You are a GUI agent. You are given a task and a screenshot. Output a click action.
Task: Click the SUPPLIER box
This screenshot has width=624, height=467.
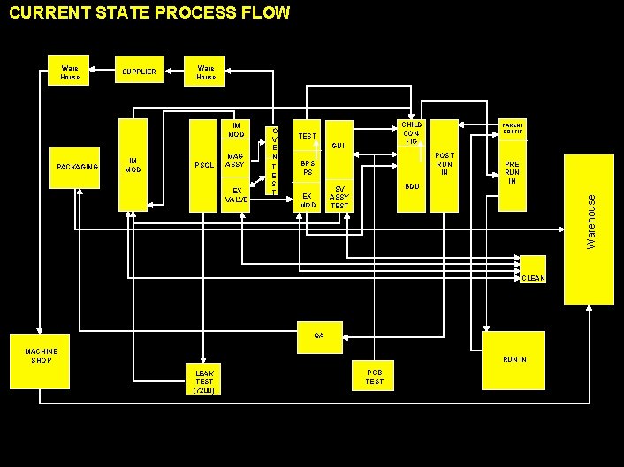point(140,72)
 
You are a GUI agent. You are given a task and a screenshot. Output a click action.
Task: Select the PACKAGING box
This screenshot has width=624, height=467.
point(77,167)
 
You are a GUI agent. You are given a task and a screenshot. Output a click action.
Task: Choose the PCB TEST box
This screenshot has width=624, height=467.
point(375,377)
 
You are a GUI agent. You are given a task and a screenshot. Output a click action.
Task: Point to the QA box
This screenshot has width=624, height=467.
point(319,335)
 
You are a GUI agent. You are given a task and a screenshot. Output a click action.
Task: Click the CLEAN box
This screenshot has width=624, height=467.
point(534,268)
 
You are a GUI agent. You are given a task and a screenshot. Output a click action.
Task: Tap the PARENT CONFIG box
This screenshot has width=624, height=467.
point(513,129)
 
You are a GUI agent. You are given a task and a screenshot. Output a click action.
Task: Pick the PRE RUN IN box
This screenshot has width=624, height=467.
point(513,173)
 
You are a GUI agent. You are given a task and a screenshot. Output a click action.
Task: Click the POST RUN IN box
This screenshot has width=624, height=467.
point(445,165)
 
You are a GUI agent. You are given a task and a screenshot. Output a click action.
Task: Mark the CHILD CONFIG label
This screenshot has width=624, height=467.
point(411,133)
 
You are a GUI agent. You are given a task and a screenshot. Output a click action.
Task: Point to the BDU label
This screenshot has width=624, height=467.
point(411,187)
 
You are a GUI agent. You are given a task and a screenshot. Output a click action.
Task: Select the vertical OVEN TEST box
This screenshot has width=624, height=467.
point(274,160)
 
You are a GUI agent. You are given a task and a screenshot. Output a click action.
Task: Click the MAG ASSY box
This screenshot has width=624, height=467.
point(235,161)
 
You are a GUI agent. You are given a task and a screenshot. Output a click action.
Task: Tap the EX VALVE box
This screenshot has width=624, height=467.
point(236,195)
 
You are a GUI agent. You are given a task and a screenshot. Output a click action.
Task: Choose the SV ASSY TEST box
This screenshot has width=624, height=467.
point(339,197)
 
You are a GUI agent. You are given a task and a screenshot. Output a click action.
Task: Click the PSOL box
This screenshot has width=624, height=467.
point(204,166)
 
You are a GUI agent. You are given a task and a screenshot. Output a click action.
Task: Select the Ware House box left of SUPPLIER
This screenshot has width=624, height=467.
point(70,72)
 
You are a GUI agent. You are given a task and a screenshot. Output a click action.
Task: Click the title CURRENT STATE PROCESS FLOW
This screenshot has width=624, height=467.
point(148,13)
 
